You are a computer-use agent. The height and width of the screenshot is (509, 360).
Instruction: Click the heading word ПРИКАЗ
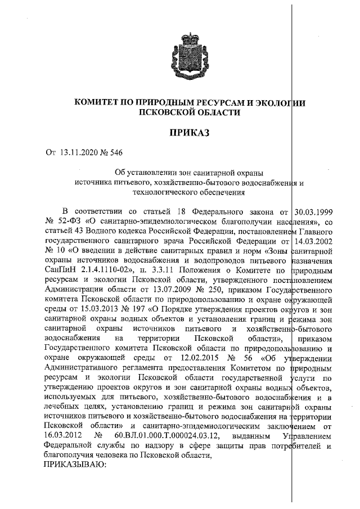coord(188,133)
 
